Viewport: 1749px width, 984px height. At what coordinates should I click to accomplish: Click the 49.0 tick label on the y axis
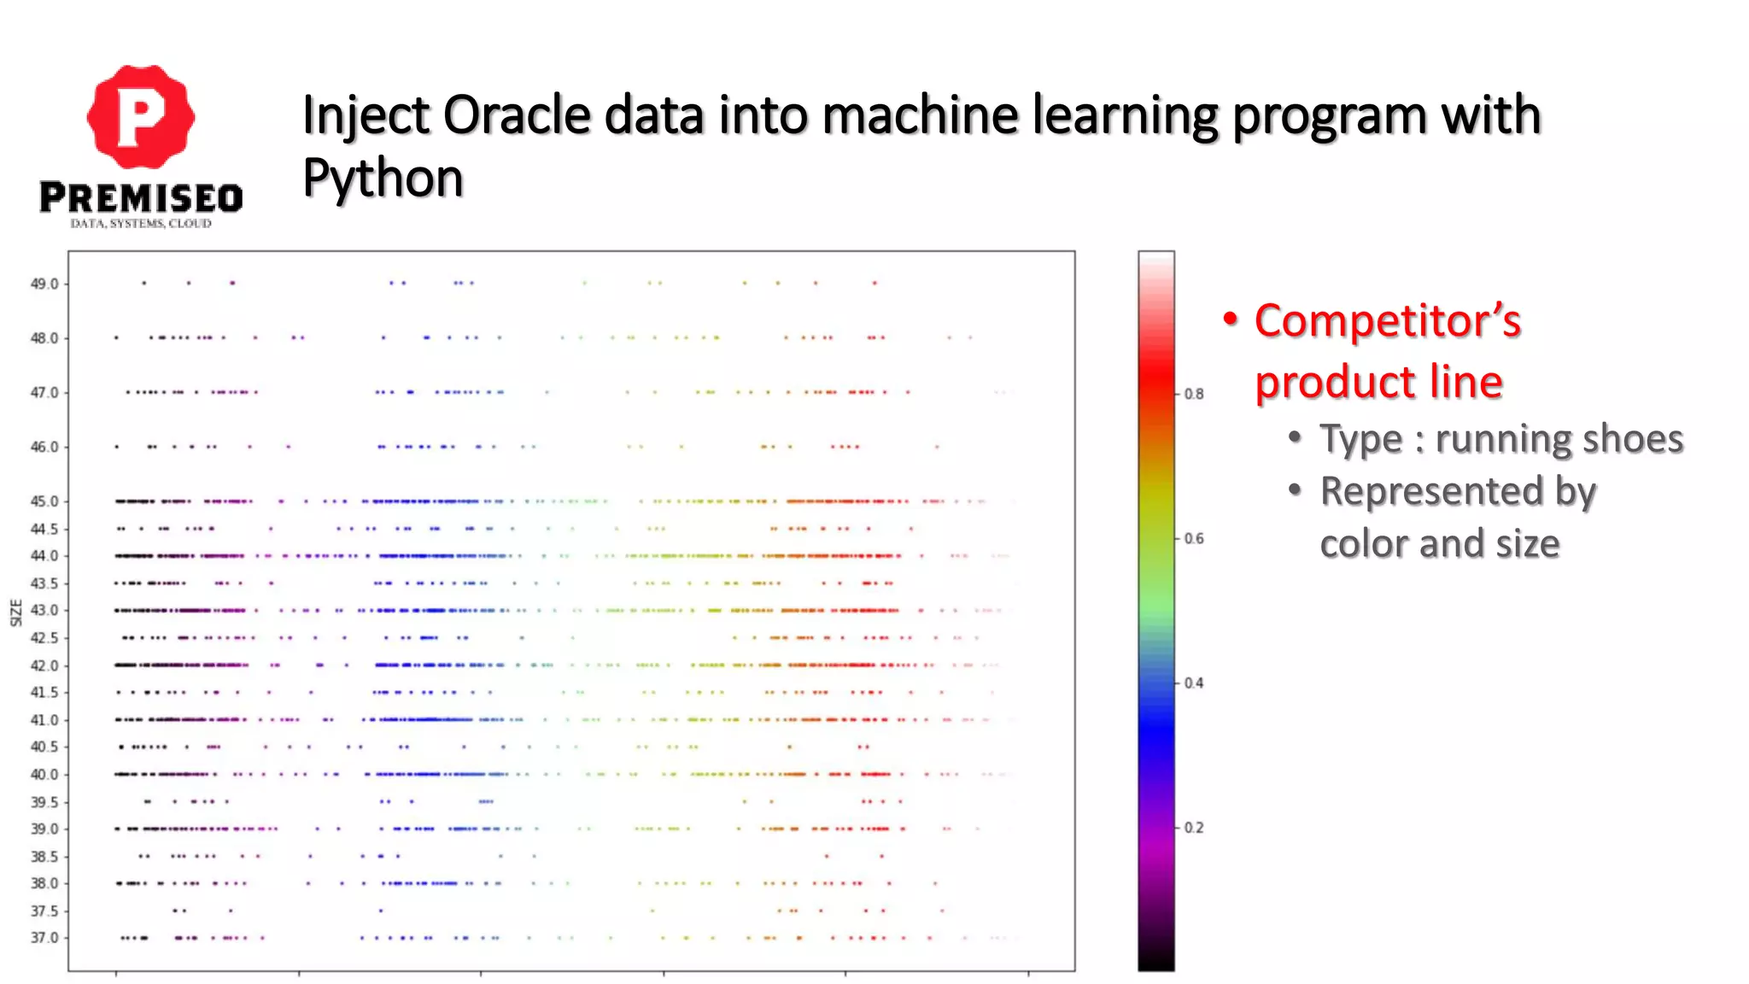click(44, 284)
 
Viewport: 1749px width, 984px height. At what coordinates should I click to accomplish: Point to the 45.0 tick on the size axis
click(44, 501)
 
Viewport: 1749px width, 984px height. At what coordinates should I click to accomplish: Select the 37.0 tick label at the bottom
click(44, 938)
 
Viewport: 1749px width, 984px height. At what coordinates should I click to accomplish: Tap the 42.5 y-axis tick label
click(44, 638)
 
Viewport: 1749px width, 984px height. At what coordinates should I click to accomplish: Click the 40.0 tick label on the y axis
click(44, 775)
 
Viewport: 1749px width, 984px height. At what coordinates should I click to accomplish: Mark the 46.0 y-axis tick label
click(44, 447)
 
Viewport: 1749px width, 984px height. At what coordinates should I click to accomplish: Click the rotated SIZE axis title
click(16, 612)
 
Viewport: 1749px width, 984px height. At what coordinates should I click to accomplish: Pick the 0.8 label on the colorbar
click(1194, 395)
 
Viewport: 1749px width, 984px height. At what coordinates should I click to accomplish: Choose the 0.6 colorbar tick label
click(1194, 539)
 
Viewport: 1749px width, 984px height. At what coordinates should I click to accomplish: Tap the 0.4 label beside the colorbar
click(1194, 683)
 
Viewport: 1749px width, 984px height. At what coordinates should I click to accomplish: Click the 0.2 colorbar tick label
click(1194, 828)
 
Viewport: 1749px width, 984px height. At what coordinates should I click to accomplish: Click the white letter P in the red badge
click(140, 118)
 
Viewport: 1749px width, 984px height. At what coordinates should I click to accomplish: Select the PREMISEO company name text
click(141, 198)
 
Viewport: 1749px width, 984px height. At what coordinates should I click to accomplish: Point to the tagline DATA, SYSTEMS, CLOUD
click(141, 224)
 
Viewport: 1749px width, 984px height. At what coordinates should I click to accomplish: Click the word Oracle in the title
click(517, 115)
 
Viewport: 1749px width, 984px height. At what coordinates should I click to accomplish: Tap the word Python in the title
click(383, 179)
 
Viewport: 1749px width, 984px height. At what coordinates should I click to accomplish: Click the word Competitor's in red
click(1388, 322)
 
